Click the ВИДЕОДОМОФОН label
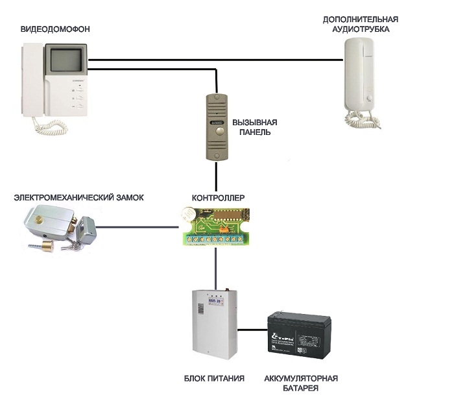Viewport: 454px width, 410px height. [x=54, y=29]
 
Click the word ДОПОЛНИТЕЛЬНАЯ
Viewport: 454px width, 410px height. [x=360, y=20]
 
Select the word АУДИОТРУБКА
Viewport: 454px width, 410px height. [x=360, y=30]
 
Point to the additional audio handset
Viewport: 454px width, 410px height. [x=359, y=75]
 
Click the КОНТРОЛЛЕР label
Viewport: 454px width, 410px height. [x=219, y=197]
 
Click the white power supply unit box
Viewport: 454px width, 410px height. [x=215, y=321]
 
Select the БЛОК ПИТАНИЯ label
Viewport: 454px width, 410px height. [x=214, y=378]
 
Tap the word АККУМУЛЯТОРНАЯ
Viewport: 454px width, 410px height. [x=301, y=378]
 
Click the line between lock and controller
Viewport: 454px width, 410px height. [x=139, y=228]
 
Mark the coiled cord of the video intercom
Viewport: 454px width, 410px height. [x=45, y=124]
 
